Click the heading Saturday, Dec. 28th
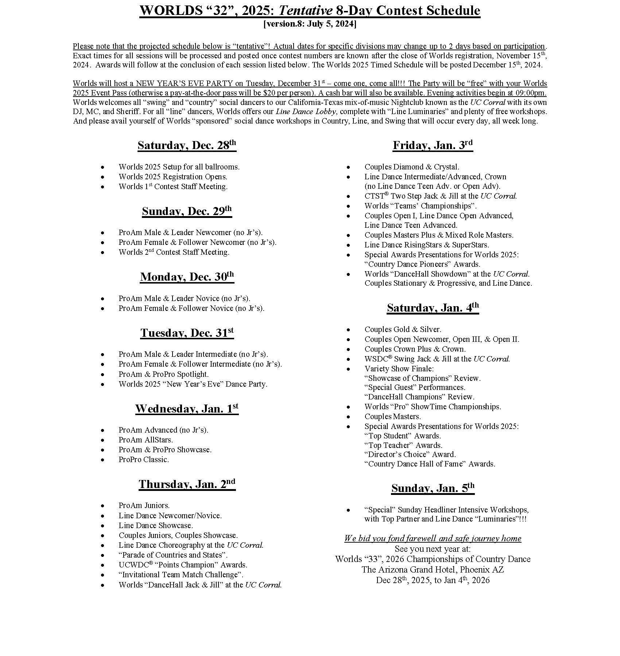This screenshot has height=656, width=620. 187,146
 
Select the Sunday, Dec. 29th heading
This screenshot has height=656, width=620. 187,211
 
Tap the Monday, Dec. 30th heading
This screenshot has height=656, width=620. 187,277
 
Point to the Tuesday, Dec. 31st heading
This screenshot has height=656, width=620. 187,333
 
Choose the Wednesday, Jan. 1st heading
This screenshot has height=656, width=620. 187,409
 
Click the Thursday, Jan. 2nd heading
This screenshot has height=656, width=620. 187,484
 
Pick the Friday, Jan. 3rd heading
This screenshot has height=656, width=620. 433,146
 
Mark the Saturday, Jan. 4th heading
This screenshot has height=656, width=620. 433,308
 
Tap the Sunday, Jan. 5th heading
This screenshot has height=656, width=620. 433,488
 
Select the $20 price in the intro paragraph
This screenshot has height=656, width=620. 270,93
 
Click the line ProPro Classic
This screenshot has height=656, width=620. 144,460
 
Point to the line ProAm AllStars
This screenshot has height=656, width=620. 146,440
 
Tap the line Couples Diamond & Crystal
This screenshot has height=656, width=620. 412,167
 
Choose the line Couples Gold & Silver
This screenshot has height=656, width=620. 403,329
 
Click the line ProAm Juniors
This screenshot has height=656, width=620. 144,505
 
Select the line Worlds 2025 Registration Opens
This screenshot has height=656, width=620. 173,177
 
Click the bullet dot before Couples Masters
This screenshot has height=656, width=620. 348,417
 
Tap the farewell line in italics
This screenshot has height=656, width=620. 433,539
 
